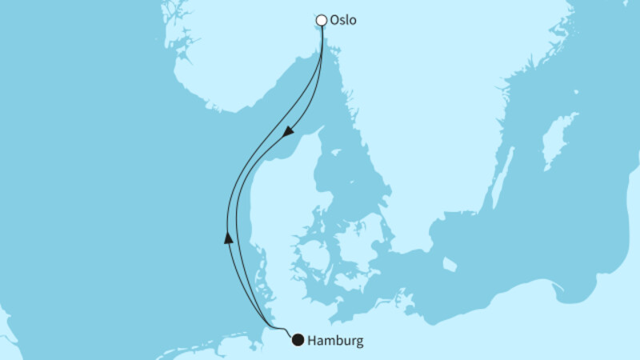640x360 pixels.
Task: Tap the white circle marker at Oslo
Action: [x=322, y=20]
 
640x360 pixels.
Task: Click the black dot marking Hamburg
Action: [x=298, y=340]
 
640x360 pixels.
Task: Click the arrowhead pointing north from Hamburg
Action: [x=229, y=237]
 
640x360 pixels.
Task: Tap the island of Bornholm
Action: [x=450, y=263]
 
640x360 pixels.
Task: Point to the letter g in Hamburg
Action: [x=358, y=342]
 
